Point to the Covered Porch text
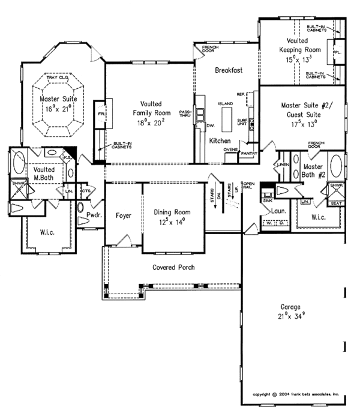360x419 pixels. tap(173, 267)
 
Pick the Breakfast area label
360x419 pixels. tap(229, 70)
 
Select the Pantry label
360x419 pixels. tap(248, 154)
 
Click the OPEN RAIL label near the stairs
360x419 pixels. tap(248, 185)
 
